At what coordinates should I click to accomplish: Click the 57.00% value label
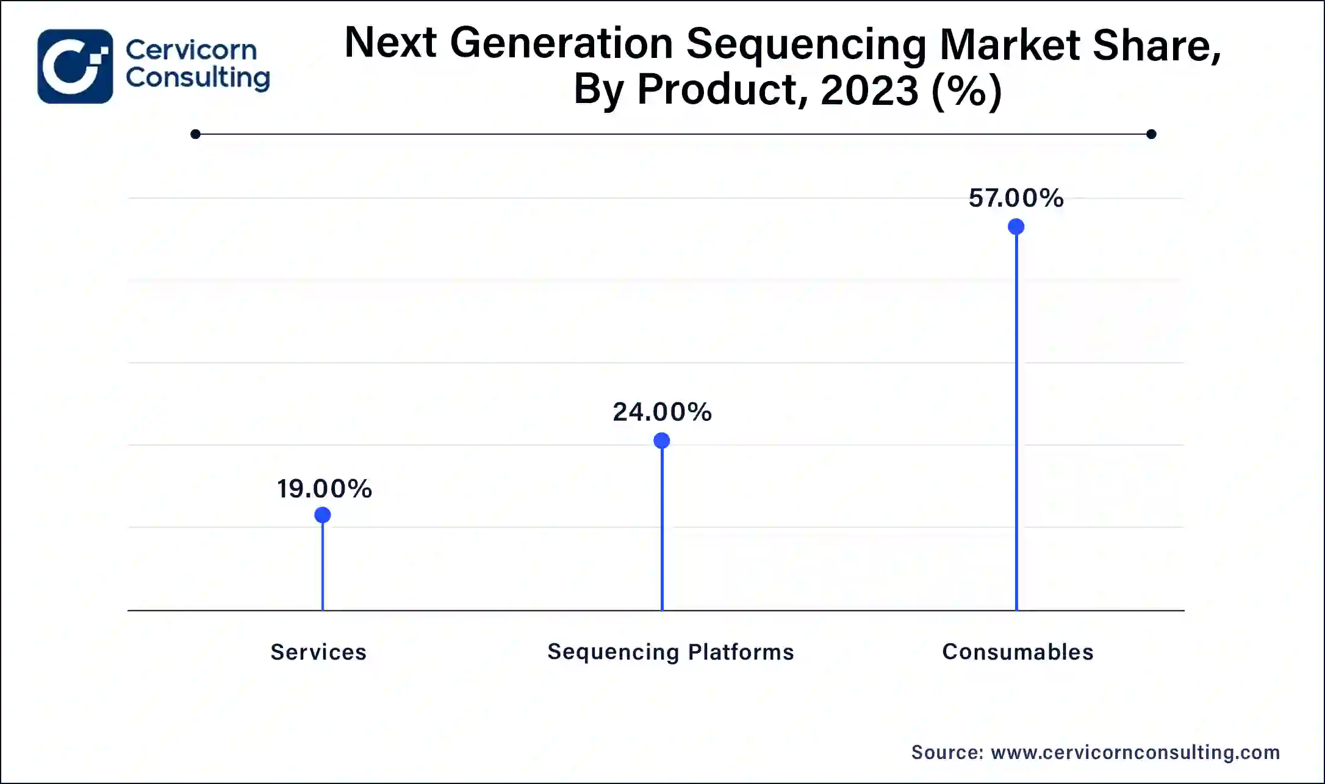[x=1016, y=198]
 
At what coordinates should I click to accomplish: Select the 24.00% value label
[x=662, y=412]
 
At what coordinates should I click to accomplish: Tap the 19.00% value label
[x=324, y=489]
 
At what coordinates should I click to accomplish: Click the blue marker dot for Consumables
[x=1016, y=227]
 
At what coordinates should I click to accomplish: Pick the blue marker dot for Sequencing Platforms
[x=661, y=440]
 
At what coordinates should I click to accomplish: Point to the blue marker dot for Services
[x=322, y=515]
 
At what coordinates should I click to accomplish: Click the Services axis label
[x=318, y=652]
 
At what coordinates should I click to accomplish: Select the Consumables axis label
[x=1018, y=652]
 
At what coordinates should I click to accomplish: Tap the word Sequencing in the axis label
[x=613, y=652]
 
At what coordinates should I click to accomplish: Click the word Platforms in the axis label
[x=741, y=652]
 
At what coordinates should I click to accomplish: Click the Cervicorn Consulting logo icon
[x=75, y=66]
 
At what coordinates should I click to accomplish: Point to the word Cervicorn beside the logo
[x=191, y=50]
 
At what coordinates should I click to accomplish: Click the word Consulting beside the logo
[x=198, y=78]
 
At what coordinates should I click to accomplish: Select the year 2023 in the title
[x=869, y=90]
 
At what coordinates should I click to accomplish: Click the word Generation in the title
[x=561, y=44]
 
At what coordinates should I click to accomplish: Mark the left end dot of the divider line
[x=195, y=134]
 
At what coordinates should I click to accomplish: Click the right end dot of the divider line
[x=1151, y=134]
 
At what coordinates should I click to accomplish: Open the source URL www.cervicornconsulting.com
[x=1135, y=752]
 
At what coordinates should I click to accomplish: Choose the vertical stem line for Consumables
[x=1016, y=427]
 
